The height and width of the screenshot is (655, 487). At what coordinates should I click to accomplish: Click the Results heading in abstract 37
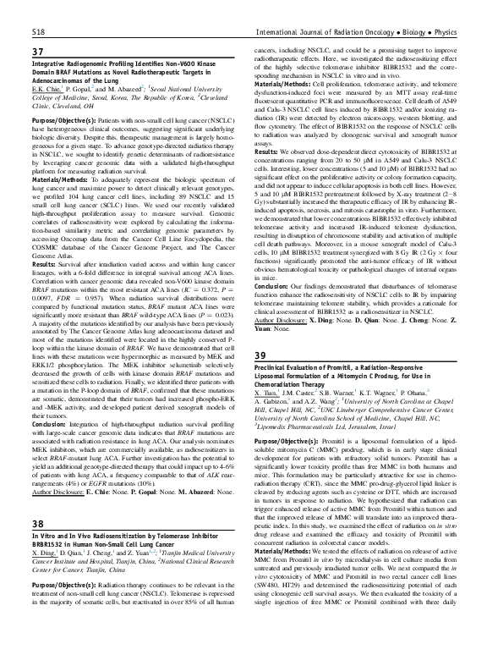tap(45, 285)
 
